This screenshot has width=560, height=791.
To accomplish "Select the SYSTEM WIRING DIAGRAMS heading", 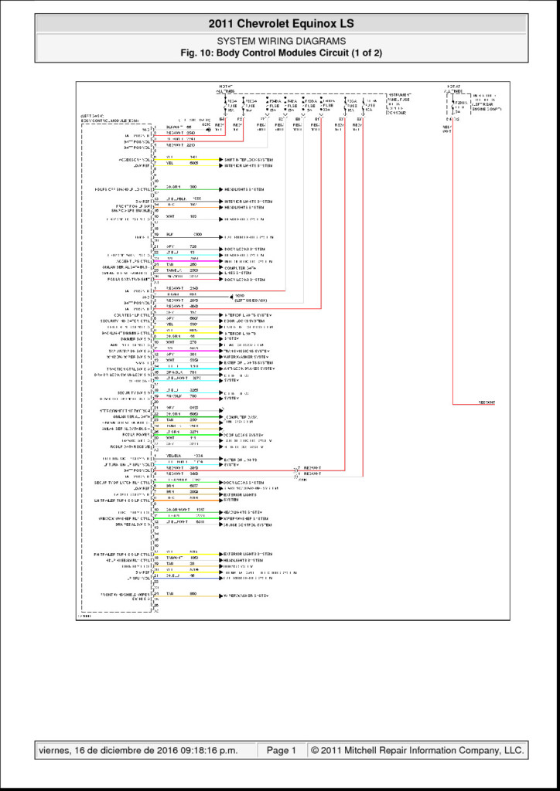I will pyautogui.click(x=280, y=41).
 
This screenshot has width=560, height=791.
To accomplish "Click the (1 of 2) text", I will pyautogui.click(x=364, y=53).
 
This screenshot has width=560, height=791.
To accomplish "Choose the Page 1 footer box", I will pyautogui.click(x=282, y=749).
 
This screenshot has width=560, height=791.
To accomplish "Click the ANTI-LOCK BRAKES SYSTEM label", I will pyautogui.click(x=248, y=369).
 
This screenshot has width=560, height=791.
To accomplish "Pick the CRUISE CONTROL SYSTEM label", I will pyautogui.click(x=248, y=524).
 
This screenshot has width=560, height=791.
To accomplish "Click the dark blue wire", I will pyautogui.click(x=186, y=576).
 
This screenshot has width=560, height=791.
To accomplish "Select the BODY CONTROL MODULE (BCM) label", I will pyautogui.click(x=109, y=121).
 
